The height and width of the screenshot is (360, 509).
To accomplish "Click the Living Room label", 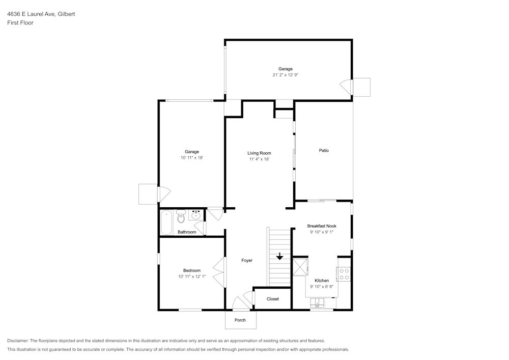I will pyautogui.click(x=259, y=153).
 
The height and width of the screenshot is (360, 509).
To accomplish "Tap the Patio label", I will pyautogui.click(x=324, y=150).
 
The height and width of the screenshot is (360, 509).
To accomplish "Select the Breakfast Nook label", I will pyautogui.click(x=321, y=226).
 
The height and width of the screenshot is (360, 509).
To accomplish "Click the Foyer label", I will pyautogui.click(x=247, y=260).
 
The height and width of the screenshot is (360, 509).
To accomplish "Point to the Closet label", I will pyautogui.click(x=273, y=299).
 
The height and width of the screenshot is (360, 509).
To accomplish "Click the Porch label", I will pyautogui.click(x=240, y=320).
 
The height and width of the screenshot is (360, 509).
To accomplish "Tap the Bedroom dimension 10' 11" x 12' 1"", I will pyautogui.click(x=191, y=277).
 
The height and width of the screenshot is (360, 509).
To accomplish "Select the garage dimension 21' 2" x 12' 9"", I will pyautogui.click(x=285, y=75).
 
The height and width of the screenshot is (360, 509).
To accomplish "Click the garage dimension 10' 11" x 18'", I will pyautogui.click(x=192, y=158).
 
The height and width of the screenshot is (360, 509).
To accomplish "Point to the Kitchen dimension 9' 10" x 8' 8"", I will pyautogui.click(x=322, y=287).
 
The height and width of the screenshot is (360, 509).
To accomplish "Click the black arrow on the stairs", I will pyautogui.click(x=279, y=256).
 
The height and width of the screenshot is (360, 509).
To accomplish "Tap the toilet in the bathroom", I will pyautogui.click(x=181, y=217).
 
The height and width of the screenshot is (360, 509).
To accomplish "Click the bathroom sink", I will pyautogui.click(x=195, y=215).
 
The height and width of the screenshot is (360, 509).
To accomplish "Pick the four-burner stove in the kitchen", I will pyautogui.click(x=344, y=274).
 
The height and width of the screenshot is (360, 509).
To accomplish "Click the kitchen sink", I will pyautogui.click(x=317, y=304).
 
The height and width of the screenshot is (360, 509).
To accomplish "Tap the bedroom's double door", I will pyautogui.click(x=219, y=272).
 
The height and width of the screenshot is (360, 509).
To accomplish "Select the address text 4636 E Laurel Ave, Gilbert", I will pyautogui.click(x=41, y=14).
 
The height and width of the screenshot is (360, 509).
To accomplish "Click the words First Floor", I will pyautogui.click(x=20, y=23).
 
